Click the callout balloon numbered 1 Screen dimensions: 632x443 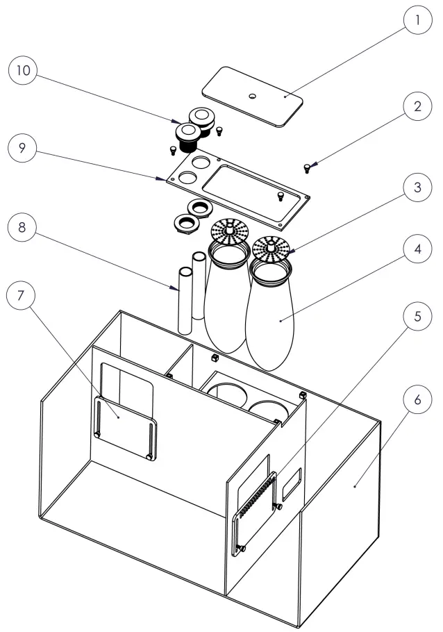click(x=417, y=21)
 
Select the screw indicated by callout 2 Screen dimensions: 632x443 click(x=307, y=166)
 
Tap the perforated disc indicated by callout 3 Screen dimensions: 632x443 click(x=271, y=246)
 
